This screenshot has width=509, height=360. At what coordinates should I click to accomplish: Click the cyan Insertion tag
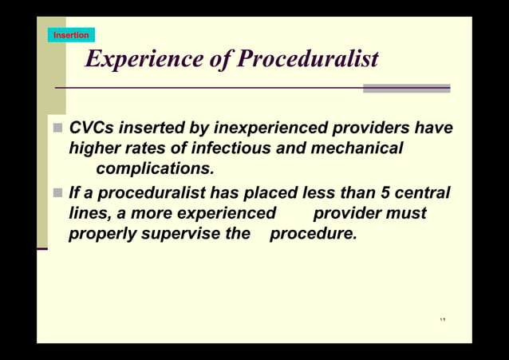point(71,35)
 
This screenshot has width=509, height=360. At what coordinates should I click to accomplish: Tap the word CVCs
point(91,129)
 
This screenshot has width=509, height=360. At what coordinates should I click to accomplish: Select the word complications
point(155,169)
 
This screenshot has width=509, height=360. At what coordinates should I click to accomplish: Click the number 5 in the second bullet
point(385,193)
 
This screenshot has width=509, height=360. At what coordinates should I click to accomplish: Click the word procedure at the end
point(313,235)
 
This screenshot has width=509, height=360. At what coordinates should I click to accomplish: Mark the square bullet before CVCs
point(58,129)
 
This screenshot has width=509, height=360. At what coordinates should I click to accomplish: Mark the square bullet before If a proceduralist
point(58,193)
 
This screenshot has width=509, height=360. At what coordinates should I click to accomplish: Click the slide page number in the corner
point(443,321)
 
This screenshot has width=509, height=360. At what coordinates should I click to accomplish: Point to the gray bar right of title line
point(406,89)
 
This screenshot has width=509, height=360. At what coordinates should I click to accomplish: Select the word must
point(407,214)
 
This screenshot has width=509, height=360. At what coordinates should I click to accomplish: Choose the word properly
point(101,235)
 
